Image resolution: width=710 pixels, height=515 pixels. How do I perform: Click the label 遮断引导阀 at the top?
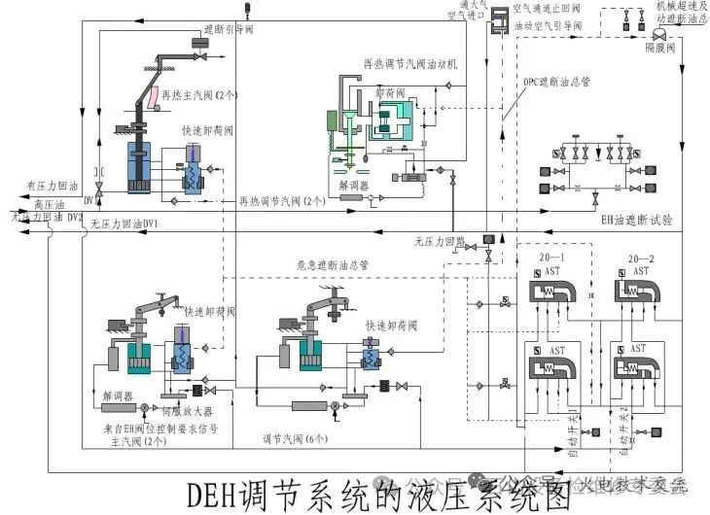point(229,30)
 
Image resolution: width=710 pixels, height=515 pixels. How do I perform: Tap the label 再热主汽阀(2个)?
point(199,95)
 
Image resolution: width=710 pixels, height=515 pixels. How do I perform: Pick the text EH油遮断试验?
point(637,221)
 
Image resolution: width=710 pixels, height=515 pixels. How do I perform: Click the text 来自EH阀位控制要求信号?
point(165,428)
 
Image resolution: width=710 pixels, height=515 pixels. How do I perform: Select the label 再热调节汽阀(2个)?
point(282,201)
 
